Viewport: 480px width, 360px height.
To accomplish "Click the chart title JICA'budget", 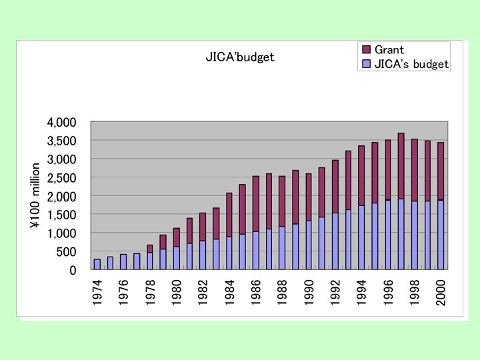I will (x=239, y=57).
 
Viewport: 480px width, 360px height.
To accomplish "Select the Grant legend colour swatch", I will (x=366, y=50).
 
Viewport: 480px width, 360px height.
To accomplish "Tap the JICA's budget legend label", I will (x=411, y=65).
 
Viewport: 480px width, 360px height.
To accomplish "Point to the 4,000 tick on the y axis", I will (x=62, y=123).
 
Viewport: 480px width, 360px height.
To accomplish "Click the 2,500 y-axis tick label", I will (x=62, y=178).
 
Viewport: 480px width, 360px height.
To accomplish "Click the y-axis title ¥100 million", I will (x=36, y=197).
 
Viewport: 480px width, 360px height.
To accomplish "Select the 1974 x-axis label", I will (x=97, y=293).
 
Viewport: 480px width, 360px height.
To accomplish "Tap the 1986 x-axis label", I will (x=256, y=293).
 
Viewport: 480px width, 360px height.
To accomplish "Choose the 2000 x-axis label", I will (x=441, y=293).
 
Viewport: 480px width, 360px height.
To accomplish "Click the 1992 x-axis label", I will (x=335, y=293).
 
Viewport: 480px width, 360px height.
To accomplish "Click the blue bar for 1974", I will (x=97, y=264).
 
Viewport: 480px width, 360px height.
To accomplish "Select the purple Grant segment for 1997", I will (x=401, y=166).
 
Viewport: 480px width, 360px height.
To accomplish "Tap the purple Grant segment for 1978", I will (x=150, y=249).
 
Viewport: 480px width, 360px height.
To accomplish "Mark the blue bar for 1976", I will (x=123, y=261).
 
